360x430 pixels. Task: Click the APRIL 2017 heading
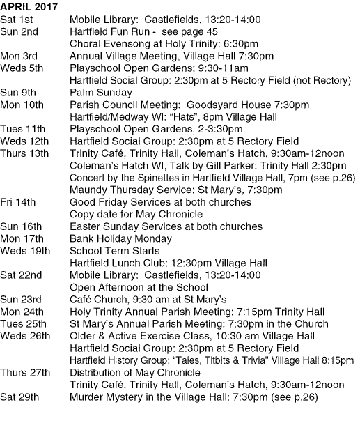(29, 8)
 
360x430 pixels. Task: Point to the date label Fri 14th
(17, 202)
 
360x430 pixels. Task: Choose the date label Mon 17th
(21, 238)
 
